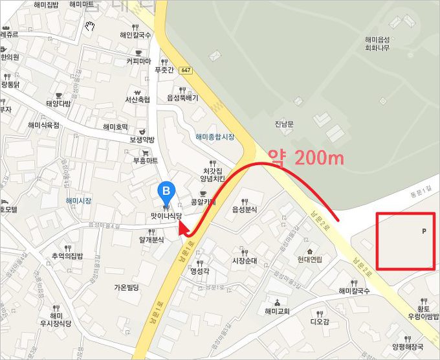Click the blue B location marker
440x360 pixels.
[x=166, y=191]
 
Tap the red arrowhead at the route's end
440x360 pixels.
[x=182, y=229]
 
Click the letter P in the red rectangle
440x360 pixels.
[x=424, y=231]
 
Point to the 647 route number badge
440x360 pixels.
[x=186, y=70]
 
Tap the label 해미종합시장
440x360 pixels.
[x=214, y=137]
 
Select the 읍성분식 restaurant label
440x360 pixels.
[x=245, y=210]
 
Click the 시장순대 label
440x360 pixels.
[x=245, y=261]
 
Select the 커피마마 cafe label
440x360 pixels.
[x=139, y=62]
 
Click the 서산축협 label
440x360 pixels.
[x=137, y=100]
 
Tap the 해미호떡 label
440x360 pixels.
[x=115, y=128]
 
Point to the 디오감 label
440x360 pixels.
[x=320, y=321]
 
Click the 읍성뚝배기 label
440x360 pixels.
[x=182, y=98]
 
